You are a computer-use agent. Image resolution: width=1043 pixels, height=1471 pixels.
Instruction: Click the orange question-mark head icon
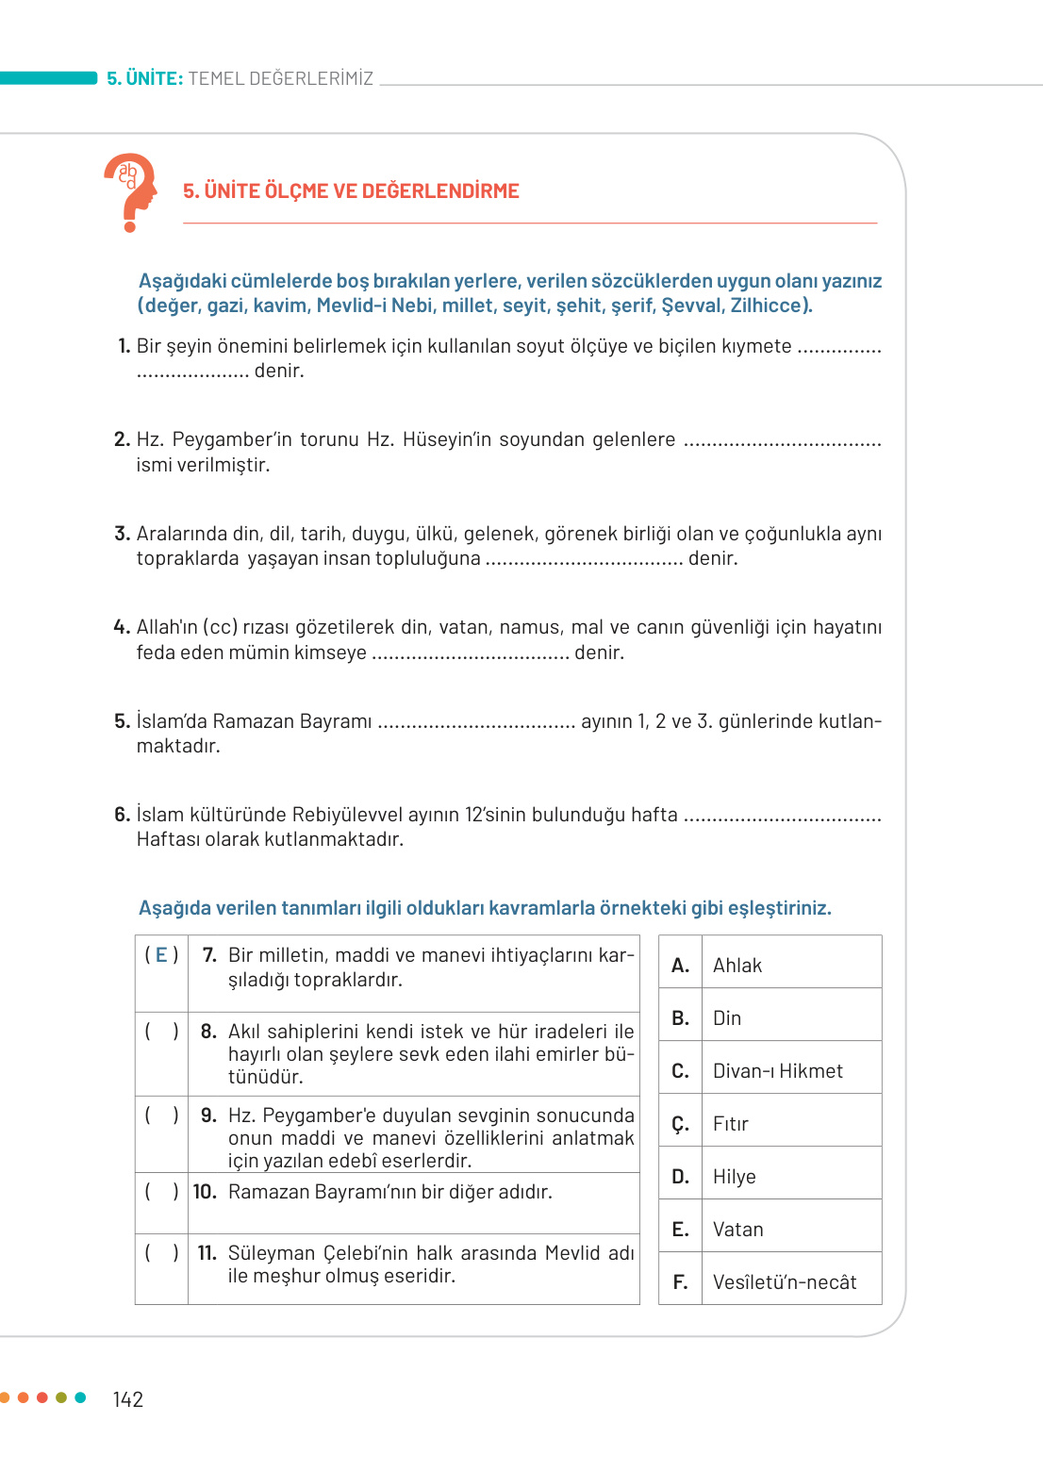[131, 191]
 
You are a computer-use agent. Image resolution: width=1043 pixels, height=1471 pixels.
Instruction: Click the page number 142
[127, 1399]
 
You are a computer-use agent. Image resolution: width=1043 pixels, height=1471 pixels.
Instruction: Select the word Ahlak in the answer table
[737, 966]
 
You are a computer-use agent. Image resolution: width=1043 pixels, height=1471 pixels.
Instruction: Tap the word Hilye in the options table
[734, 1177]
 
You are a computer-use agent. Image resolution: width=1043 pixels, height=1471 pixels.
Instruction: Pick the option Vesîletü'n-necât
[784, 1282]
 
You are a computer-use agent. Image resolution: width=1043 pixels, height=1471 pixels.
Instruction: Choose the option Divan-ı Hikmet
[777, 1071]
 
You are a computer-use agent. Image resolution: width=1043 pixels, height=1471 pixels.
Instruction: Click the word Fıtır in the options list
[730, 1124]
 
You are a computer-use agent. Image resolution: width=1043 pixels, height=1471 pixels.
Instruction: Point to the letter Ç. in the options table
[680, 1124]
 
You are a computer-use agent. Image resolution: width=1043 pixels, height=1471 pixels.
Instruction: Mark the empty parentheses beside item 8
[161, 1032]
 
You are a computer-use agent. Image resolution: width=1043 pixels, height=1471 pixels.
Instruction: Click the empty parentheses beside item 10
[161, 1192]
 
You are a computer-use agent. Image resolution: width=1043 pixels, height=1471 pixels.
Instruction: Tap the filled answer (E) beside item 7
[161, 955]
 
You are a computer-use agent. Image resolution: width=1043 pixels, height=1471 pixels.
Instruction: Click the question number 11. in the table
[207, 1253]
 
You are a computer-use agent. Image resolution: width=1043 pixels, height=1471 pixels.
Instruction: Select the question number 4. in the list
[122, 627]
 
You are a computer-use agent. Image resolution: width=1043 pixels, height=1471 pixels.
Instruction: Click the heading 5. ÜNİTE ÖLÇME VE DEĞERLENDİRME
[351, 191]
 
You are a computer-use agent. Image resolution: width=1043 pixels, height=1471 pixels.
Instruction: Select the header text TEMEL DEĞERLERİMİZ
[280, 78]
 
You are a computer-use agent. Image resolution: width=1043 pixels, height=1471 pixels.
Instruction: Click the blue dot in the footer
[80, 1397]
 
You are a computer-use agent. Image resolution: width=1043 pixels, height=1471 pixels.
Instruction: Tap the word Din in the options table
[726, 1018]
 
